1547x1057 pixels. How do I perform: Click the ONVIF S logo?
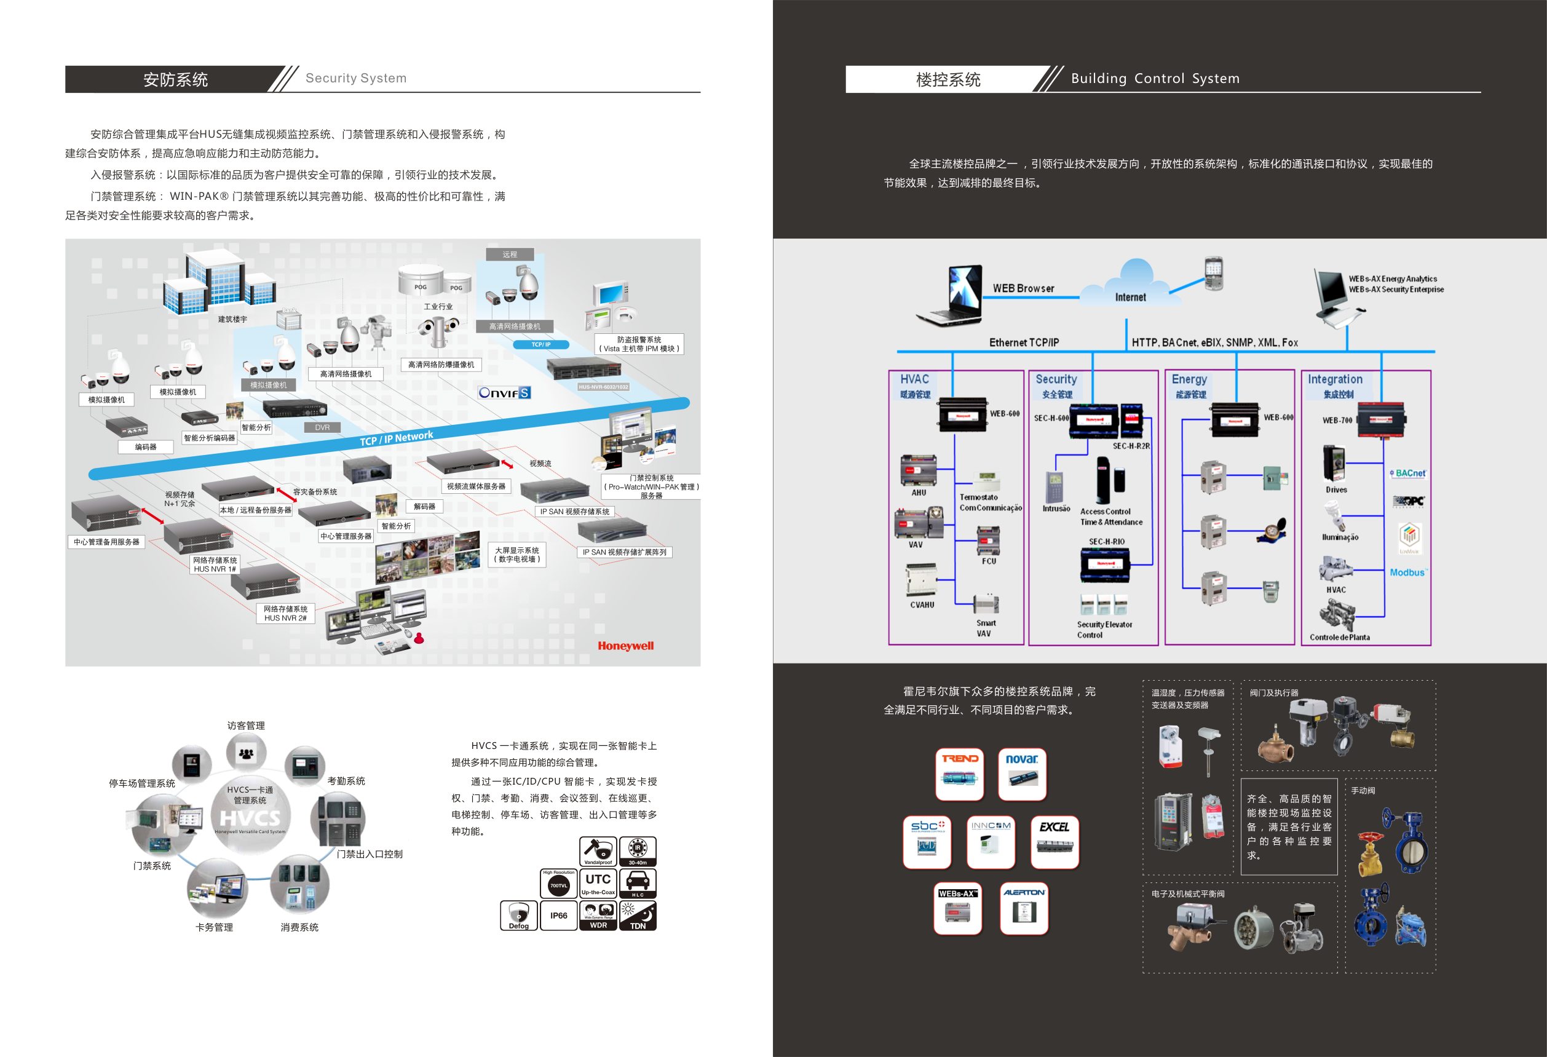(504, 393)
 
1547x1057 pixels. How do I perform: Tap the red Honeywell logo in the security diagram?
(625, 646)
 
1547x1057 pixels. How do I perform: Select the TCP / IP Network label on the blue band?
(396, 438)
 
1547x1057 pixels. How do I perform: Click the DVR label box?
(322, 427)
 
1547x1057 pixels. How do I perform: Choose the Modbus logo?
(1408, 572)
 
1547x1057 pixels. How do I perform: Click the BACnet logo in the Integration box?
(1409, 473)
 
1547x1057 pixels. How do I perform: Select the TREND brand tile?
(959, 774)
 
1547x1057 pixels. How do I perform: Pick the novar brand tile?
(1022, 774)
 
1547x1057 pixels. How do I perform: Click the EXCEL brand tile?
(1054, 842)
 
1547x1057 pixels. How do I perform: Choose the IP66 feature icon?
(558, 916)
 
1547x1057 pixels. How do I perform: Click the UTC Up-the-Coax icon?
(598, 882)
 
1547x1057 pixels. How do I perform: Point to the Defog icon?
(518, 916)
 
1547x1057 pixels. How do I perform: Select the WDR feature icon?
(598, 916)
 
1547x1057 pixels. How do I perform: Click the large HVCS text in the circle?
(250, 817)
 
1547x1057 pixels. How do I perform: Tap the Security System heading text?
(356, 79)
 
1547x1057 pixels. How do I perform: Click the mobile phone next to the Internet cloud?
(1214, 273)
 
